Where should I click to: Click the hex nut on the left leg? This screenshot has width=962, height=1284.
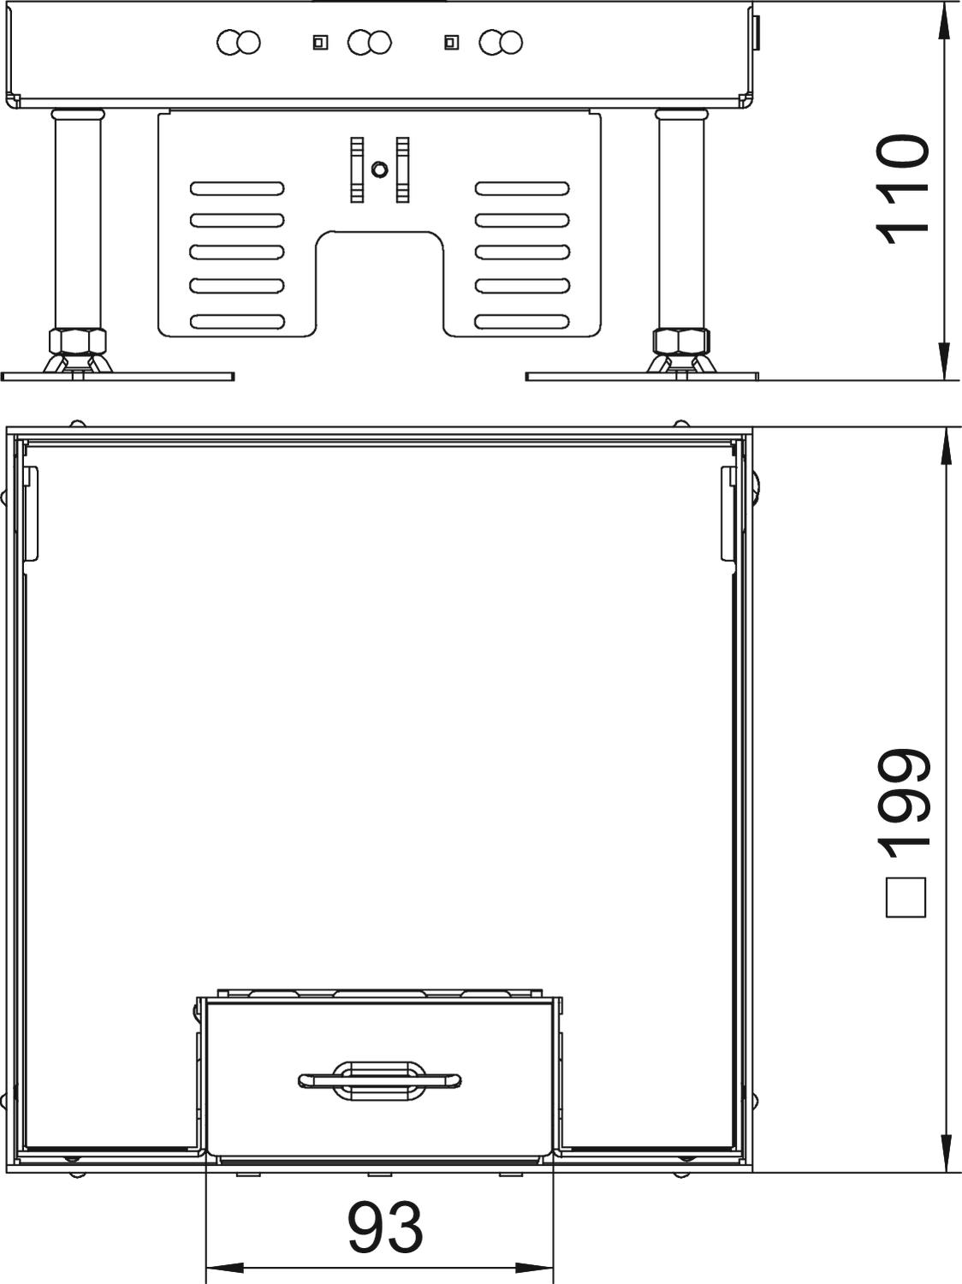(x=78, y=342)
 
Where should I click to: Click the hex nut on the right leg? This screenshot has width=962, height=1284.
(x=681, y=342)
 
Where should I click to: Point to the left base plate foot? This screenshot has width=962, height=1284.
(x=117, y=376)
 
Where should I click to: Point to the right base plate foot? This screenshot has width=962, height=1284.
(x=642, y=376)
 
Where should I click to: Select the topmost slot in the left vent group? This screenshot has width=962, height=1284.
(x=237, y=188)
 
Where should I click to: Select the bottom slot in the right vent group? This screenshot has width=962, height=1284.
(x=522, y=321)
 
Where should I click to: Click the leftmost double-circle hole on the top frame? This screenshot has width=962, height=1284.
(x=238, y=43)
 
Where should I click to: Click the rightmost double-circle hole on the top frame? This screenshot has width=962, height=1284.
(x=501, y=43)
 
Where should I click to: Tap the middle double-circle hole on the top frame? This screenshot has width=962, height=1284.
(x=369, y=43)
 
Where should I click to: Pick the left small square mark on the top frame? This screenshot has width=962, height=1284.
(x=320, y=42)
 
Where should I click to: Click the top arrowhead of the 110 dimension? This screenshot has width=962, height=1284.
(x=942, y=21)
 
